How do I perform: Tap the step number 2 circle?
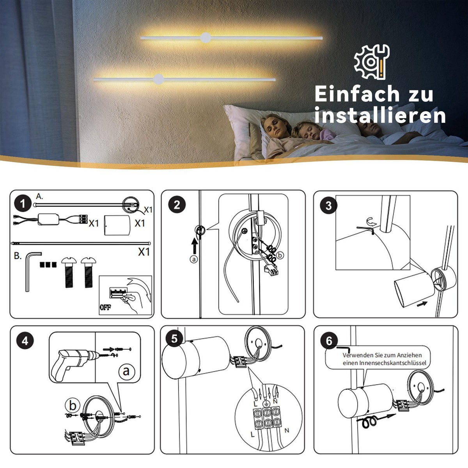coord(177,205)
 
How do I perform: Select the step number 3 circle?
coord(328,206)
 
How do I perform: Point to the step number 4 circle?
coord(25,341)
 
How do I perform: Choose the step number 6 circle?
coord(329,341)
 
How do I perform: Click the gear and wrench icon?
coord(372,62)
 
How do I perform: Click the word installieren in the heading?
coord(380,115)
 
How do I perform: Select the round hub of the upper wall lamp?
coord(205,37)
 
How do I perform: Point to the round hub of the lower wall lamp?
coord(158,79)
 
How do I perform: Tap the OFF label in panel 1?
coord(105,307)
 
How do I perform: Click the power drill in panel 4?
coord(74,363)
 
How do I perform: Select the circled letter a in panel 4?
coord(126,370)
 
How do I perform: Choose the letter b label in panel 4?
coord(73,406)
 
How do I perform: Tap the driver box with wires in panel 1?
coord(49,220)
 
